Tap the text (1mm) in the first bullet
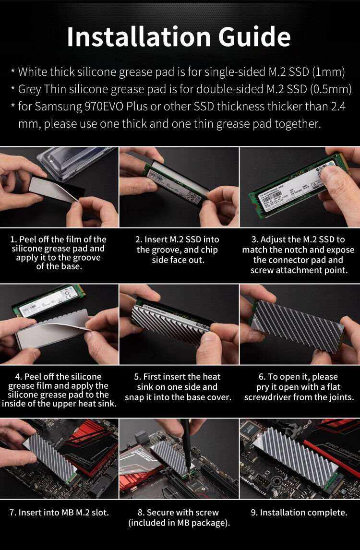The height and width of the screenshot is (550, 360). pyautogui.click(x=328, y=72)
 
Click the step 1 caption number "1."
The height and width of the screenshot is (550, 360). pyautogui.click(x=14, y=239)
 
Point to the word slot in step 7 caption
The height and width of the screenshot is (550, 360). pyautogui.click(x=98, y=513)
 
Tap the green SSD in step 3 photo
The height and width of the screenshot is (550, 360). pyautogui.click(x=288, y=192)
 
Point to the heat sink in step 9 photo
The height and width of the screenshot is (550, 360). pyautogui.click(x=300, y=454)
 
